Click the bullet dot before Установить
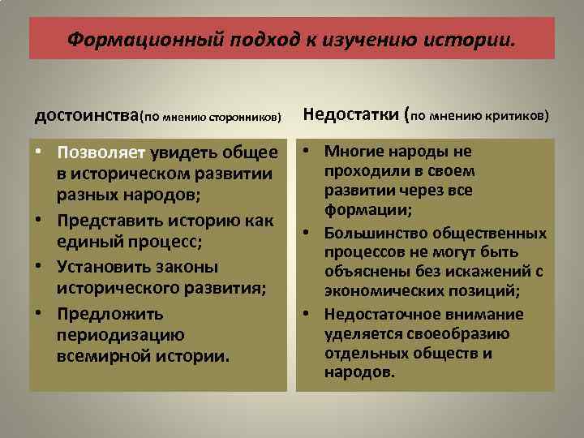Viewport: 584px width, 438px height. [x=40, y=267]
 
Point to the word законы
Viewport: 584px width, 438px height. [x=188, y=267]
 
